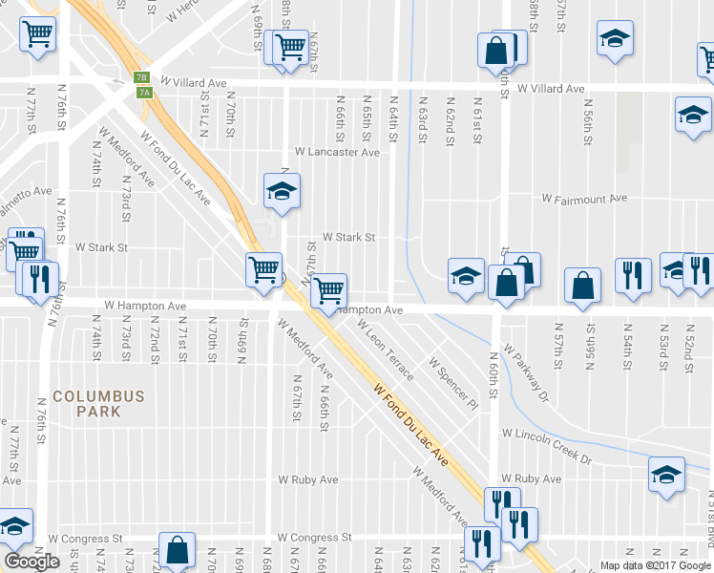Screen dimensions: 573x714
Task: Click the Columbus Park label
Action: [98, 403]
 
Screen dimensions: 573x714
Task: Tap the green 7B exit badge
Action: [141, 77]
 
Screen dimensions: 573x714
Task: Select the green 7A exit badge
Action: [144, 92]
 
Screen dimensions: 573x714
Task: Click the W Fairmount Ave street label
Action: [583, 199]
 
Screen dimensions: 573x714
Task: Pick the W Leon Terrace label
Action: [386, 350]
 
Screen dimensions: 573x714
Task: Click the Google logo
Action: [31, 562]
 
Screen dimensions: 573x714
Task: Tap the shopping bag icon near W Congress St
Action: [177, 549]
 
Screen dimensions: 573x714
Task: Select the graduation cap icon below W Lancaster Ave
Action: [281, 190]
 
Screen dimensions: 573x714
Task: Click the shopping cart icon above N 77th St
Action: [36, 35]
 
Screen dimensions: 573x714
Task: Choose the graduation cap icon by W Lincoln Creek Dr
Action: [666, 474]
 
